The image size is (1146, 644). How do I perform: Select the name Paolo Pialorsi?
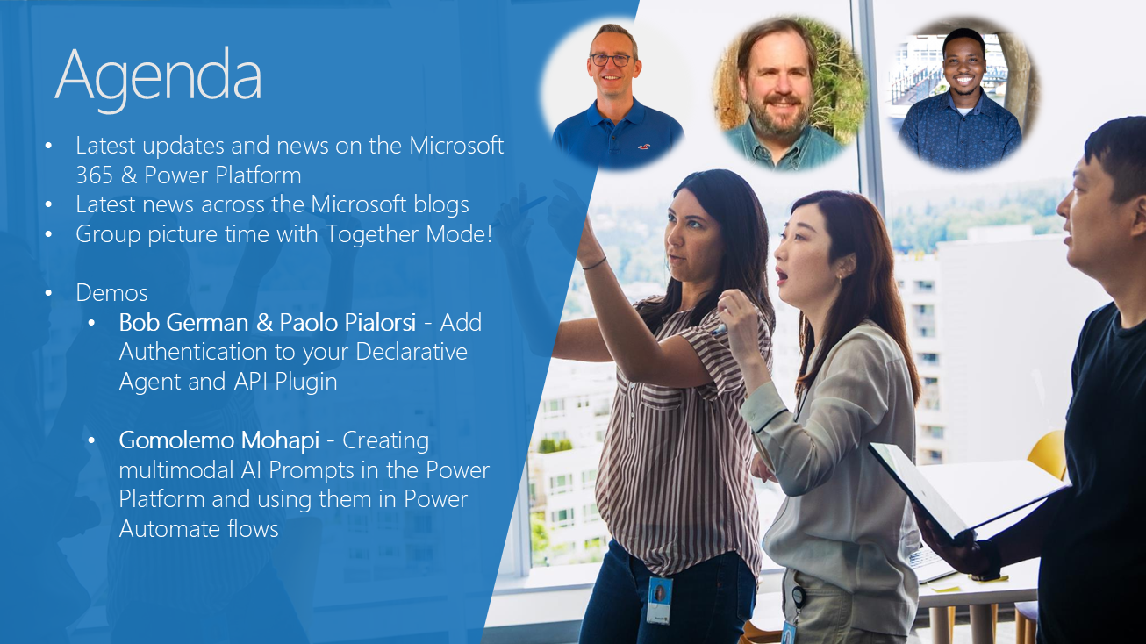pyautogui.click(x=347, y=322)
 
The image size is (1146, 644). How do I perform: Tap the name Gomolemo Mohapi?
pyautogui.click(x=219, y=440)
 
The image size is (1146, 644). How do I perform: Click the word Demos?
pyautogui.click(x=111, y=293)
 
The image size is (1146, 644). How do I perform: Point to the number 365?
pyautogui.click(x=94, y=175)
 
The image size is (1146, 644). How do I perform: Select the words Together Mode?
pyautogui.click(x=409, y=233)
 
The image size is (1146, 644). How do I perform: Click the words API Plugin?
pyautogui.click(x=285, y=382)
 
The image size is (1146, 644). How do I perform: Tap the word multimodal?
pyautogui.click(x=176, y=469)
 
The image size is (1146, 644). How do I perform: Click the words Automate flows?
pyautogui.click(x=198, y=528)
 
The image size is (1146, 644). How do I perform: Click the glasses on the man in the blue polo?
pyautogui.click(x=612, y=60)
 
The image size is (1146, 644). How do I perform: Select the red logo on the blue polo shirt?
pyautogui.click(x=643, y=147)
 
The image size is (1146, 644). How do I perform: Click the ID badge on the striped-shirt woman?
pyautogui.click(x=659, y=600)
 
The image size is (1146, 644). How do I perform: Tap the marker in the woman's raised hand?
pyautogui.click(x=720, y=329)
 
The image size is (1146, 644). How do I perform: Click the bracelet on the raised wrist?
pyautogui.click(x=594, y=264)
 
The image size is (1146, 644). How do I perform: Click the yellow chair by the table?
pyautogui.click(x=1048, y=454)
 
